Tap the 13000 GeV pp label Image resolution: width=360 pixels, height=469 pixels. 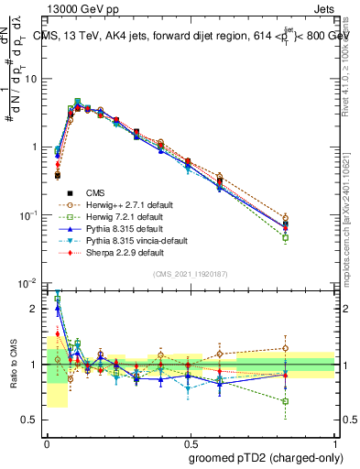coord(75,7)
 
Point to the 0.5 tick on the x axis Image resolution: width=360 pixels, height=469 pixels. coord(191,441)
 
